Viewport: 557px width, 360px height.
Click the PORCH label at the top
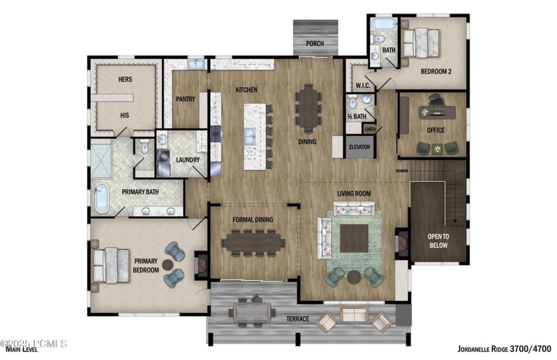(315, 44)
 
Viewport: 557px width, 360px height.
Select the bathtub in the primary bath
(101, 198)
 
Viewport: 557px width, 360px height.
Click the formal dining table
(253, 243)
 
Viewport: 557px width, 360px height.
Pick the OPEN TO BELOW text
(437, 241)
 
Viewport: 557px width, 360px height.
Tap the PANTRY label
(185, 99)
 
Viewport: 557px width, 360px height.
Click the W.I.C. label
(362, 86)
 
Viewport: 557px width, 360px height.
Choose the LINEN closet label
(369, 129)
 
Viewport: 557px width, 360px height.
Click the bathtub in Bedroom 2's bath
(384, 25)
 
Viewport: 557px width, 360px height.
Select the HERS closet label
(125, 80)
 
